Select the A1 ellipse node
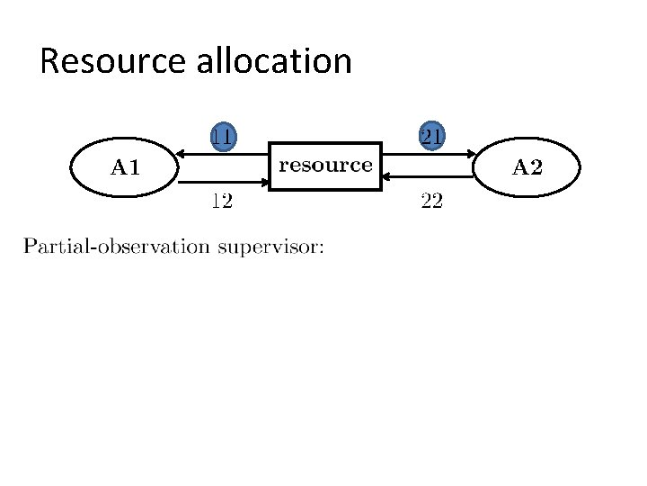pyautogui.click(x=125, y=166)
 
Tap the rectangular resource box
pyautogui.click(x=325, y=166)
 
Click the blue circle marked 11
pyautogui.click(x=224, y=136)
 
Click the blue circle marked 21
pyautogui.click(x=431, y=136)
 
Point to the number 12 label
pyautogui.click(x=222, y=201)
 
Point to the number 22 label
pyautogui.click(x=431, y=201)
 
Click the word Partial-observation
pyautogui.click(x=116, y=247)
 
